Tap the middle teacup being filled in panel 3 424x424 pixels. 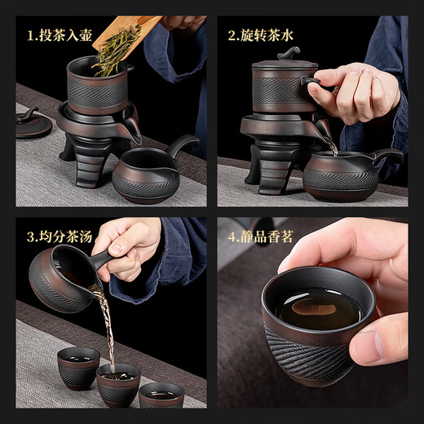[x=118, y=383]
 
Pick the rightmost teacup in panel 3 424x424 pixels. [x=161, y=395]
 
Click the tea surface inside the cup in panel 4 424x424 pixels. [x=315, y=307]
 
